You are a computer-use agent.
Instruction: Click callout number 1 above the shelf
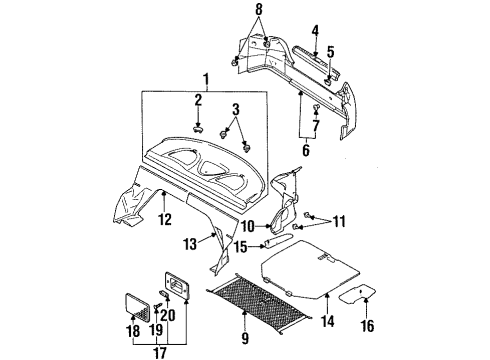(206, 79)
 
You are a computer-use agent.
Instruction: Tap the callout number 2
(198, 101)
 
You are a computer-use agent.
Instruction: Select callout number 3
(237, 108)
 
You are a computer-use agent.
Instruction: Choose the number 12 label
(164, 217)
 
